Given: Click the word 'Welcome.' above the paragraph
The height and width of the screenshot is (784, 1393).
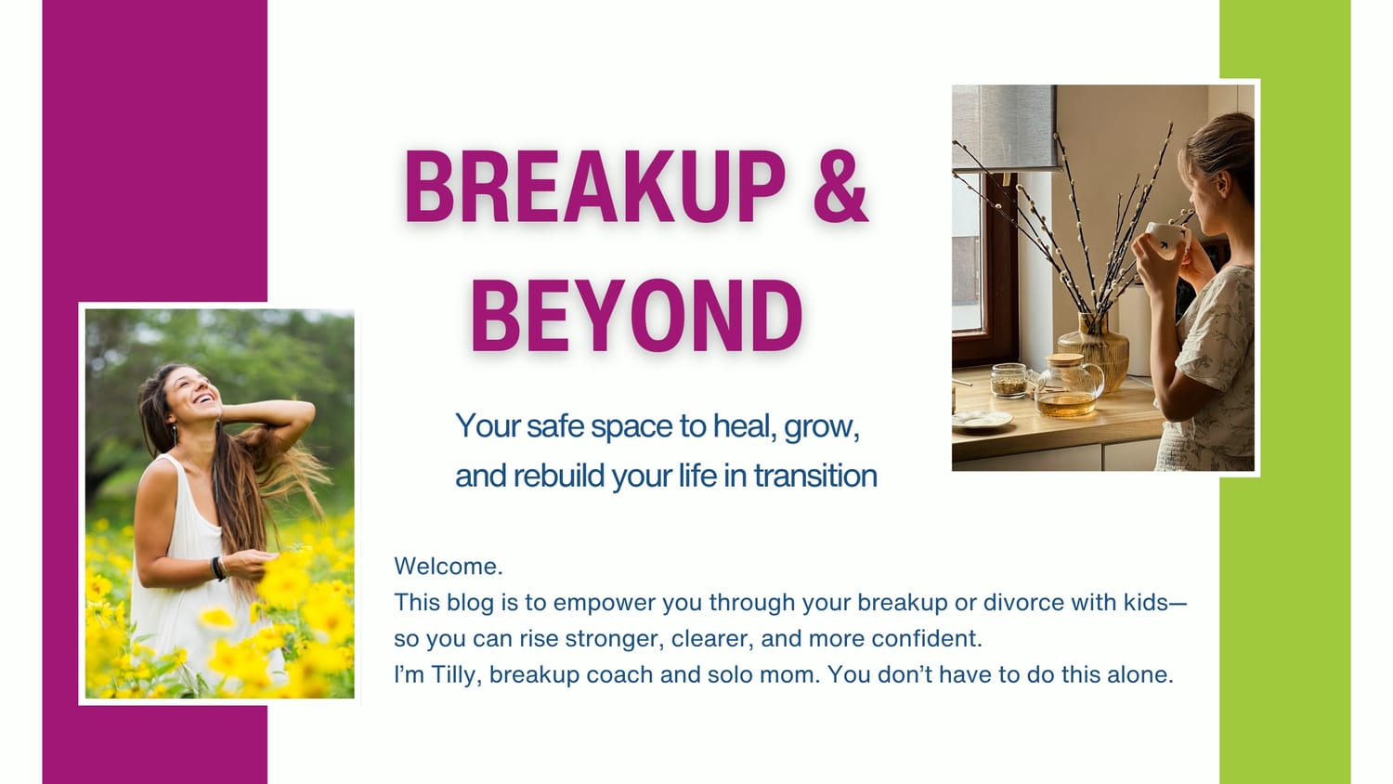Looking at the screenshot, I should pyautogui.click(x=448, y=566).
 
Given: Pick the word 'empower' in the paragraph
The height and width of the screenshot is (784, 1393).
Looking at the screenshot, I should pyautogui.click(x=605, y=604).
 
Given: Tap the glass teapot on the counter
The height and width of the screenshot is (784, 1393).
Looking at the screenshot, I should pyautogui.click(x=1068, y=388).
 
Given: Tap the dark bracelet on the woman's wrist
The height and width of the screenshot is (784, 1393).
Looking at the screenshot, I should pyautogui.click(x=217, y=568).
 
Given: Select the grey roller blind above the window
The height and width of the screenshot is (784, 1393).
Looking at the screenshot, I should pyautogui.click(x=1005, y=126).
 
